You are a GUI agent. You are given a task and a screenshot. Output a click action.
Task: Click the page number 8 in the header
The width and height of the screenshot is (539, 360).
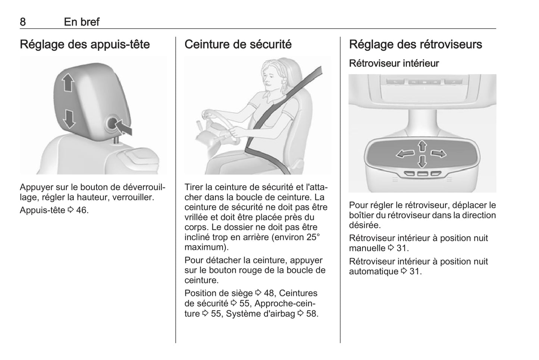pyautogui.click(x=23, y=22)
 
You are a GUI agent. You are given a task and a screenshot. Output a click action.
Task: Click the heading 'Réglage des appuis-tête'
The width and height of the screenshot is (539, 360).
pyautogui.click(x=85, y=44)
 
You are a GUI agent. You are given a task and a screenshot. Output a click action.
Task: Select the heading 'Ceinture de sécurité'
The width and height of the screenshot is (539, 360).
pyautogui.click(x=238, y=44)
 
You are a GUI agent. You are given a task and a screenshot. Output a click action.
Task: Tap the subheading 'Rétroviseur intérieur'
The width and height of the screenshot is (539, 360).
pyautogui.click(x=394, y=63)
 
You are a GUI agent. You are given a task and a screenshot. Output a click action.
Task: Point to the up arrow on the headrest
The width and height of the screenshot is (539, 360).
pyautogui.click(x=68, y=82)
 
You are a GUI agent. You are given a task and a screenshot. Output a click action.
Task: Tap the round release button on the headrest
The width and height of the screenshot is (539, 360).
pyautogui.click(x=112, y=123)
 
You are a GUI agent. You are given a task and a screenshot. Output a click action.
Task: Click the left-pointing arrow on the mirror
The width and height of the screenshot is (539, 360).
pyautogui.click(x=405, y=154)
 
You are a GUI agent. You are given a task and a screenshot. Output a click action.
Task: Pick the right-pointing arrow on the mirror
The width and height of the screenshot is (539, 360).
pyautogui.click(x=438, y=154)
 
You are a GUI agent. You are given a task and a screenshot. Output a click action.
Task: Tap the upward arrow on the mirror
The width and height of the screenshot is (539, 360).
pyautogui.click(x=422, y=146)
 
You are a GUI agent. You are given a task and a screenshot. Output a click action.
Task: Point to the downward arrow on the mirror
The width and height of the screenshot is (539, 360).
pyautogui.click(x=422, y=161)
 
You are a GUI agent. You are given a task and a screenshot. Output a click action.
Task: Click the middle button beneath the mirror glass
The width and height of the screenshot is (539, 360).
pyautogui.click(x=422, y=173)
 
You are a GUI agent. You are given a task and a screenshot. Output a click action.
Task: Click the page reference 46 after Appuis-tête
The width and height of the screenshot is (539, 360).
pyautogui.click(x=82, y=210)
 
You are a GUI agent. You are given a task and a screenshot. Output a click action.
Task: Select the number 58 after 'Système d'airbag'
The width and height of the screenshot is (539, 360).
pyautogui.click(x=312, y=314)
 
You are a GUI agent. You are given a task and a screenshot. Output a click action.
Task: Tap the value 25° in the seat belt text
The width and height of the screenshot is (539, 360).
pyautogui.click(x=313, y=237)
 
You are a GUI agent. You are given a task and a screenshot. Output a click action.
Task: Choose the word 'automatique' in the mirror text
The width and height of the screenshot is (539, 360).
pyautogui.click(x=374, y=272)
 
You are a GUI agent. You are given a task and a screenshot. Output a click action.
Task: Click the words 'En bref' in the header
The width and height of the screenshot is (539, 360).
pyautogui.click(x=82, y=22)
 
